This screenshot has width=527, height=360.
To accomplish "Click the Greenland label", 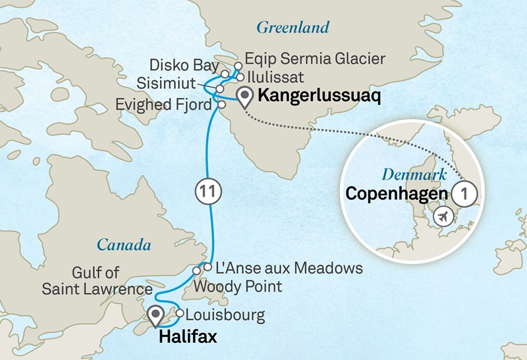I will pyautogui.click(x=292, y=28).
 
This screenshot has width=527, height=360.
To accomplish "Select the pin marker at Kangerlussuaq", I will pyautogui.click(x=245, y=97).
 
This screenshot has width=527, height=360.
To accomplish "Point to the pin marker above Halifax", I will pyautogui.click(x=156, y=315).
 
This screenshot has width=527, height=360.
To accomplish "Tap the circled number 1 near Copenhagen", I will pyautogui.click(x=466, y=195).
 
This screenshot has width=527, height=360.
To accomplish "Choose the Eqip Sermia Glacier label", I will pyautogui.click(x=314, y=59).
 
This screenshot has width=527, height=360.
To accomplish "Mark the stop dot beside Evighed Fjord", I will pyautogui.click(x=222, y=104).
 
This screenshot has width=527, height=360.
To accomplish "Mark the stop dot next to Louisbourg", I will pyautogui.click(x=179, y=313).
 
